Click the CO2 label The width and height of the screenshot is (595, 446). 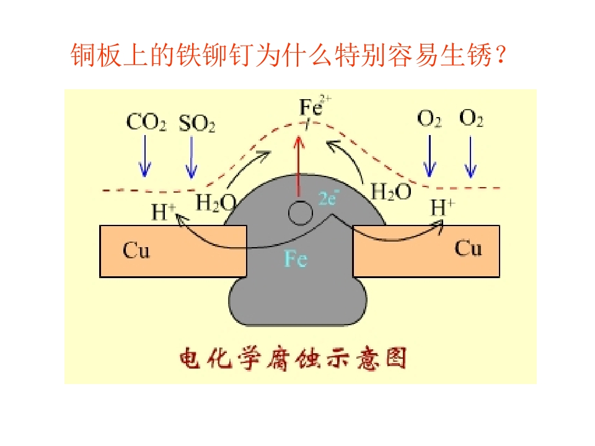pyautogui.click(x=146, y=123)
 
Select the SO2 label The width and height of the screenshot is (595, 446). pyautogui.click(x=197, y=123)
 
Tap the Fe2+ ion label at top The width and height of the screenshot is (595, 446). pyautogui.click(x=315, y=105)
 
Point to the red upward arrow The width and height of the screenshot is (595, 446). pyautogui.click(x=299, y=166)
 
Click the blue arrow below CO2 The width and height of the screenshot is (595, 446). pyautogui.click(x=145, y=156)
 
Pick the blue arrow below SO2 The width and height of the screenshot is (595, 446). pyautogui.click(x=192, y=157)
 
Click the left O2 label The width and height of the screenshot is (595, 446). pyautogui.click(x=429, y=118)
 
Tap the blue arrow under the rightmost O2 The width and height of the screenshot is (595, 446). pyautogui.click(x=471, y=157)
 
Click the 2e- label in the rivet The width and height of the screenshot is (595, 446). pyautogui.click(x=328, y=198)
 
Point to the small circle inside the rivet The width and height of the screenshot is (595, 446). pyautogui.click(x=300, y=213)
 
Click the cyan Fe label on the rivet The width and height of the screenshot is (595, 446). pyautogui.click(x=296, y=259)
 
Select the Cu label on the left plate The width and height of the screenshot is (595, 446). pyautogui.click(x=136, y=250)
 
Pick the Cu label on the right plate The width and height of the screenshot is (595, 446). pyautogui.click(x=469, y=248)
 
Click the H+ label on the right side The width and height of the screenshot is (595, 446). pyautogui.click(x=443, y=207)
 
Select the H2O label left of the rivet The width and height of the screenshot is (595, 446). pyautogui.click(x=216, y=203)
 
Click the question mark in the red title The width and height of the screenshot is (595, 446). pyautogui.click(x=501, y=55)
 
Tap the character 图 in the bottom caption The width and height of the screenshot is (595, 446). pyautogui.click(x=397, y=358)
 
